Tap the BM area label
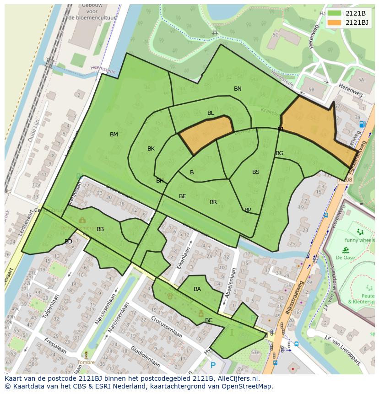tap(114, 135)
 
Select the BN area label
tap(238, 89)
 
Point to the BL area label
tap(211, 113)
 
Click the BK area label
tap(151, 149)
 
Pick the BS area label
tap(256, 172)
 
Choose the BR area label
tap(213, 202)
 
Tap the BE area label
tap(183, 196)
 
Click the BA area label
tap(197, 289)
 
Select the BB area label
tap(100, 229)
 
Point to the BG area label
tap(279, 153)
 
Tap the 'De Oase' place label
tap(346, 257)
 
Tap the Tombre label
tap(86, 362)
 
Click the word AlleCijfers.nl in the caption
tap(236, 378)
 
